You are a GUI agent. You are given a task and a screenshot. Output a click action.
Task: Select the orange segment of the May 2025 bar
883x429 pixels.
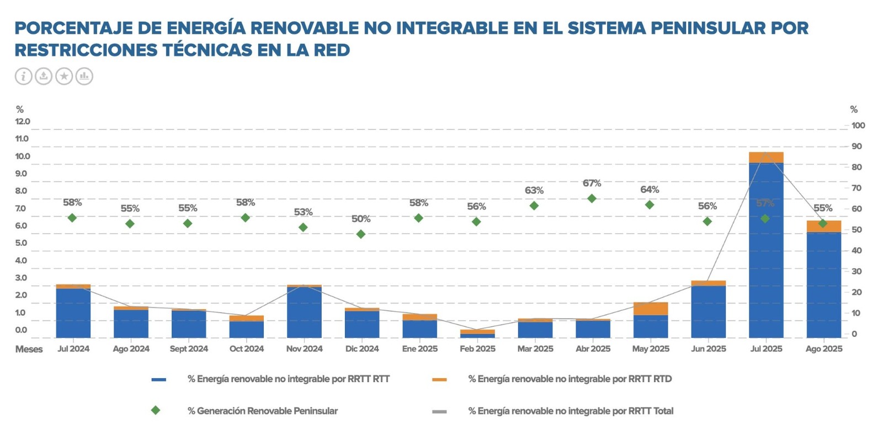coord(650,309)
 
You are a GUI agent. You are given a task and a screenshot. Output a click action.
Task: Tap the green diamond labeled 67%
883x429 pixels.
coord(592,198)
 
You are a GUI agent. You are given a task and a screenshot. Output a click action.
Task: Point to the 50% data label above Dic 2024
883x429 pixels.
coord(361,219)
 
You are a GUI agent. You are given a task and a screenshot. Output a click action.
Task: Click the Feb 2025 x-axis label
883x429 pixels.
coord(477,349)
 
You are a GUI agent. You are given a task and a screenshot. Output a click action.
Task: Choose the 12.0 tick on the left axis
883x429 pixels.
coord(23,121)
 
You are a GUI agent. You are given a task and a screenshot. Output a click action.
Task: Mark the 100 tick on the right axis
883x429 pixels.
coord(858,125)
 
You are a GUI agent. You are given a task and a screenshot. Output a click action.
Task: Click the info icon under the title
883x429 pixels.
coord(23,76)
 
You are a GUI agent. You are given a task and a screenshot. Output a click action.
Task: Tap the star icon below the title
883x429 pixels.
coord(64,76)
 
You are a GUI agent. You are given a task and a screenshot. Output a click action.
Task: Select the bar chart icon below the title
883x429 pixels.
coord(84,76)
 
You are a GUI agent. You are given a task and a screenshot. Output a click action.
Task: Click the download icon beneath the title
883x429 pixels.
coord(44,76)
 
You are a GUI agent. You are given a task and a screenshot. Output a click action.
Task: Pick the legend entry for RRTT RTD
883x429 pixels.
coord(570,379)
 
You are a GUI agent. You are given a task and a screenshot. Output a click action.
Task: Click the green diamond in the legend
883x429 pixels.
coord(156,410)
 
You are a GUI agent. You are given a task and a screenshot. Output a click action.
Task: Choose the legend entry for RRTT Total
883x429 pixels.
coord(571,411)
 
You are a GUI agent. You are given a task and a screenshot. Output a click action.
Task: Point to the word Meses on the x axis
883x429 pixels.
coord(29,349)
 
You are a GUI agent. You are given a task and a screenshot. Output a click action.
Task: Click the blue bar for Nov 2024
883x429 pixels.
coord(304,312)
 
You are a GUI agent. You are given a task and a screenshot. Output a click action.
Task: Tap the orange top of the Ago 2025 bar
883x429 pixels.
coord(823,226)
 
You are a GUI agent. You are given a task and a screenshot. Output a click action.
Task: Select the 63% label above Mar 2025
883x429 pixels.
coord(534,190)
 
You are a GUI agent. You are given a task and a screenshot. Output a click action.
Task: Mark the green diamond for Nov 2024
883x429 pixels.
coord(303,227)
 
